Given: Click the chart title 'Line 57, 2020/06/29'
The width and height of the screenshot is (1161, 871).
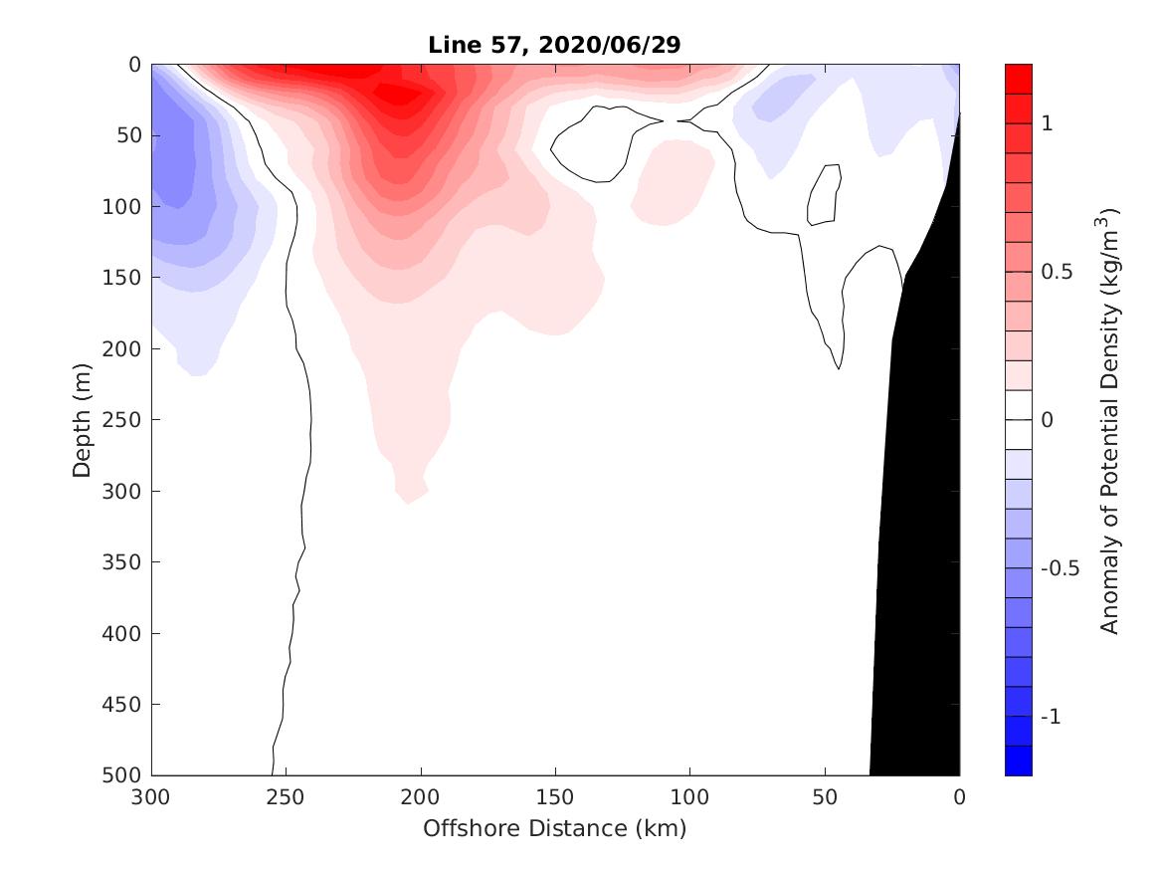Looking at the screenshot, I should coord(554,45).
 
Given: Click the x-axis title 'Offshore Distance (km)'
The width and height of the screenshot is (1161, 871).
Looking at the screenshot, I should coord(554,828).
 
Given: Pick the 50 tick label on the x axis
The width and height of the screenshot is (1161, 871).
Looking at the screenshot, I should coord(825,796).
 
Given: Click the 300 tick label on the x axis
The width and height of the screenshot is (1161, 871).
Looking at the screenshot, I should coord(151,796).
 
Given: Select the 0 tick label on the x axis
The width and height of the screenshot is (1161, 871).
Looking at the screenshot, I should coord(959,796).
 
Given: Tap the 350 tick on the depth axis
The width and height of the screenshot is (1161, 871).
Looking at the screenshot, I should coord(125,562).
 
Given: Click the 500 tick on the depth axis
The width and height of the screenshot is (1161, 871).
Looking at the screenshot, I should coord(125,775).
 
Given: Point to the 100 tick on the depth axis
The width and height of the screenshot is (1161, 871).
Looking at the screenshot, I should coord(125,206).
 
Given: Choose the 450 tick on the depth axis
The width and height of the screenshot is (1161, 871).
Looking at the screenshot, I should coord(125,705).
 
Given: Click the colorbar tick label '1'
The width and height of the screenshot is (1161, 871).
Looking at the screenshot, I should coord(1046,122).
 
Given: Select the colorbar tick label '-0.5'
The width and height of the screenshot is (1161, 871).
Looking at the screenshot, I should coord(1059,568).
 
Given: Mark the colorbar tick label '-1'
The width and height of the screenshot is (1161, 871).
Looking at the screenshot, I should coord(1050,717).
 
